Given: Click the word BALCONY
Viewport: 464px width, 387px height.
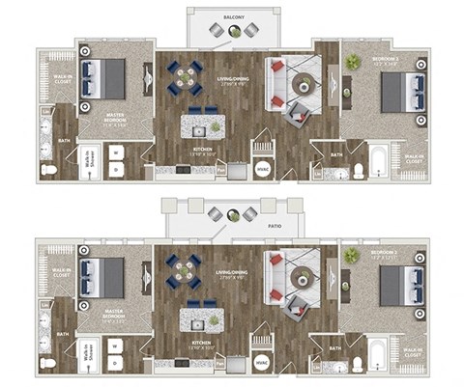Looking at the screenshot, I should tap(233, 17).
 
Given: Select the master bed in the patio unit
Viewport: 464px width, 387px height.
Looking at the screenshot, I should tap(101, 277).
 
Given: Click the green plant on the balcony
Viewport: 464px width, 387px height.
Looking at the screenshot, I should tap(233, 32).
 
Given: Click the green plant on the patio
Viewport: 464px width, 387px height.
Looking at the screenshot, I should tap(233, 213).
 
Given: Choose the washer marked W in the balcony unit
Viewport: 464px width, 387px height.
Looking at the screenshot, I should tap(114, 152).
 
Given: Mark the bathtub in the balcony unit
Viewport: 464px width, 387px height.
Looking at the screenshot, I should tap(380, 161).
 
